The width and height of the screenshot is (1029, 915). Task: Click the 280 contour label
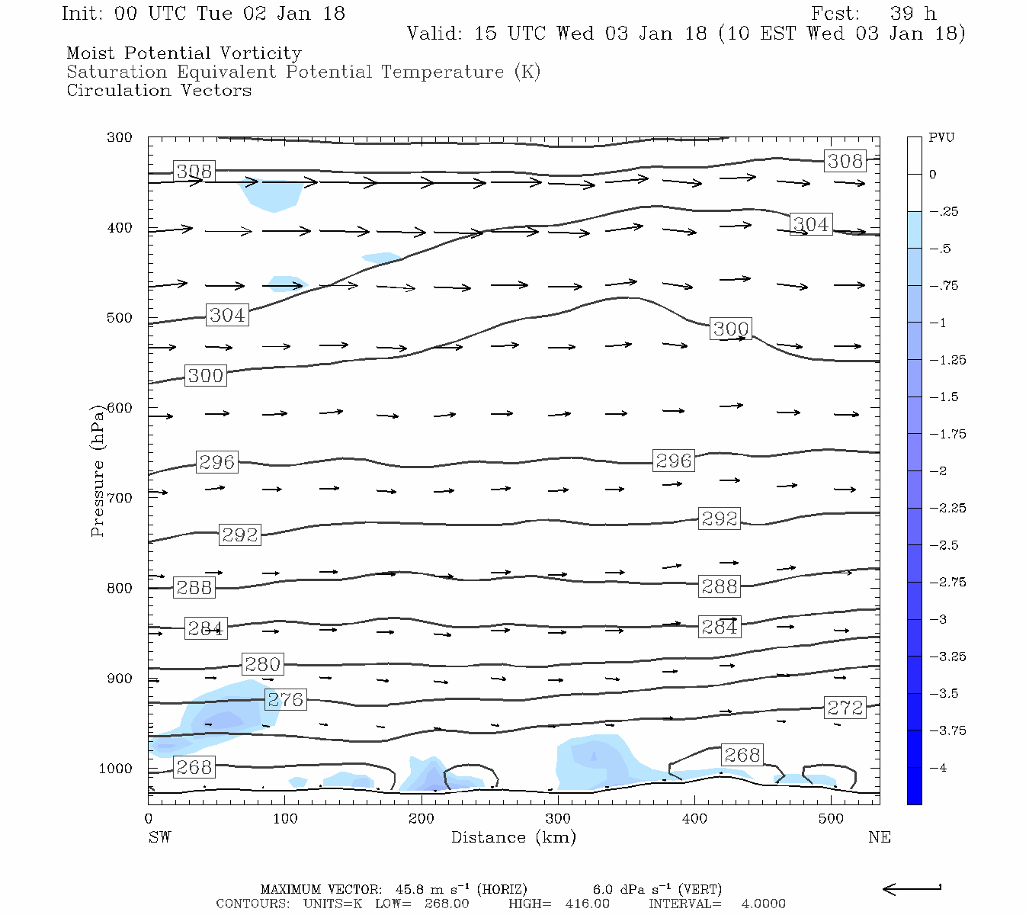262,664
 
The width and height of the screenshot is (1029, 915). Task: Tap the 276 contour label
285,699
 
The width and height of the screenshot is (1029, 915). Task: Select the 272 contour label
845,708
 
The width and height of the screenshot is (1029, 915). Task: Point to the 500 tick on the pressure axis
120,318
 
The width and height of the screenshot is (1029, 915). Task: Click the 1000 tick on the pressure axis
116,769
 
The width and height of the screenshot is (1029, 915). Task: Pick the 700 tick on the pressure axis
120,498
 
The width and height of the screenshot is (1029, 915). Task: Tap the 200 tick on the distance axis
421,819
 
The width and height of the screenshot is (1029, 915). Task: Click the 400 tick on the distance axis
694,819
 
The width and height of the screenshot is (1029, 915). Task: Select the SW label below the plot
159,837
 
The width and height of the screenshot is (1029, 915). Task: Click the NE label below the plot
879,837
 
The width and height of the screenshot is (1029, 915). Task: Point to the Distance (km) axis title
513,837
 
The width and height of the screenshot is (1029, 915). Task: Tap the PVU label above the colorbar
941,138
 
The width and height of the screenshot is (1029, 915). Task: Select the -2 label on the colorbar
938,471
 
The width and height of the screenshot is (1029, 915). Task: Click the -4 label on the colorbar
938,768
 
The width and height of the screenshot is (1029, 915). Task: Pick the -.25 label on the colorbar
944,212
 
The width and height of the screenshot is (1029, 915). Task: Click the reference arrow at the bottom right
912,888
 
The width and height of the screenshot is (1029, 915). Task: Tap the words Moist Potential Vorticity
184,53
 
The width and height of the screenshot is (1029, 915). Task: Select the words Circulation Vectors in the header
159,90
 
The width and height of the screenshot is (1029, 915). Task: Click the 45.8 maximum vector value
412,889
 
